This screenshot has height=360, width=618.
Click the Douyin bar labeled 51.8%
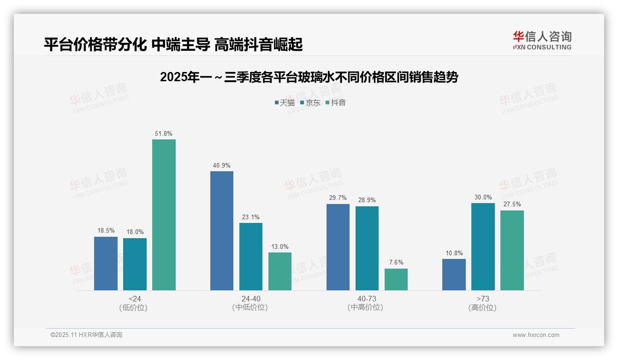tap(164, 215)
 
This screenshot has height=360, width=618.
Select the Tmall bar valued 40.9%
tap(222, 231)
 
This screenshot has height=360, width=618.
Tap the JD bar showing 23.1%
tap(251, 257)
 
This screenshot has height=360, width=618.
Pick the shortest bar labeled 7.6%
tap(396, 279)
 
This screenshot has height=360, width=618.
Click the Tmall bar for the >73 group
tap(454, 275)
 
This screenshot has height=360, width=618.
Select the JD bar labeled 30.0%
tap(483, 246)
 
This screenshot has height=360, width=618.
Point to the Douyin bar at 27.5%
tap(512, 250)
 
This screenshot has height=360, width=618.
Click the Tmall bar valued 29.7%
tap(338, 247)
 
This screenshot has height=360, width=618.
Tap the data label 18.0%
tap(135, 232)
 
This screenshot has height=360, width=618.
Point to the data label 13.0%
tap(280, 246)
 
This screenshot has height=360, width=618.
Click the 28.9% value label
tap(367, 200)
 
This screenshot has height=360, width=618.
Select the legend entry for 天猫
tap(285, 102)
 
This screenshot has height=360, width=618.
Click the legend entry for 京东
tap(310, 102)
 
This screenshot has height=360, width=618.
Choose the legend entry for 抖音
tap(336, 102)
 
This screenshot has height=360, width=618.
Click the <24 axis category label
tap(135, 299)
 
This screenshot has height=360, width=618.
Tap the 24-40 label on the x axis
tap(251, 299)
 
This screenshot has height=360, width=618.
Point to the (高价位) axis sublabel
tap(483, 307)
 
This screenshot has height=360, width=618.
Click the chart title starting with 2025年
tap(309, 77)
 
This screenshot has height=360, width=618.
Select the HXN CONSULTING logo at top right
tap(542, 40)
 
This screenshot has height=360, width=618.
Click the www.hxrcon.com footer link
tap(536, 335)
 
